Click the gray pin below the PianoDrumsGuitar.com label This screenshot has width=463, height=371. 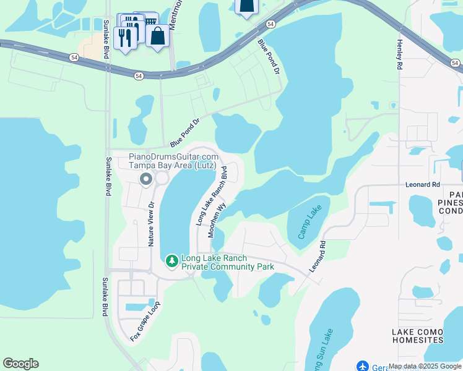tap(147, 179)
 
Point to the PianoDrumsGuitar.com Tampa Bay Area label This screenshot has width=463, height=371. tap(173, 161)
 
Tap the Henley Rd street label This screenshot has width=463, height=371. tap(400, 55)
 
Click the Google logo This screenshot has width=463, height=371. tap(20, 363)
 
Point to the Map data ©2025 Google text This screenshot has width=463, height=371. tap(425, 367)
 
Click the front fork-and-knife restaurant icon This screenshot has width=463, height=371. tap(126, 38)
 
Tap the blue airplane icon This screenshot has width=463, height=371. tap(363, 367)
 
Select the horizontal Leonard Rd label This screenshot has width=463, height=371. tap(422, 184)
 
